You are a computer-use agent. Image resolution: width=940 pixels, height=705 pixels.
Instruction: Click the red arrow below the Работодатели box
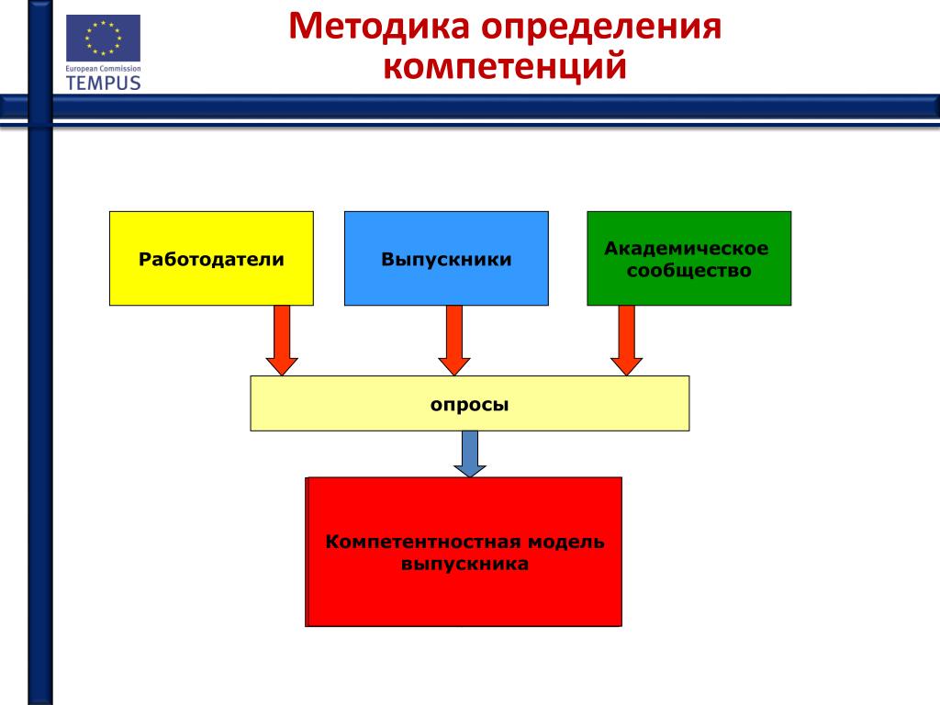coord(282,341)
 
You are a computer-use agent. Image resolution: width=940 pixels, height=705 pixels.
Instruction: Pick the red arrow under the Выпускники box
coord(453,341)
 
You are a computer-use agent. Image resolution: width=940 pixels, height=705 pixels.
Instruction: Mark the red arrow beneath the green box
coord(627,341)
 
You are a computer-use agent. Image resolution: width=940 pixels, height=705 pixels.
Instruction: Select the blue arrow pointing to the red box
coord(470,453)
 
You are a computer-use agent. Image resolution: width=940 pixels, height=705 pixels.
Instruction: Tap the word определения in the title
coord(601,27)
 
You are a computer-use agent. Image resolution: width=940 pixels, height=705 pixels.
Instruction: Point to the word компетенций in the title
coord(505,66)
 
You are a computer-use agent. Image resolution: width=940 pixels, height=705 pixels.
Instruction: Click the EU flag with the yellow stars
coord(103,38)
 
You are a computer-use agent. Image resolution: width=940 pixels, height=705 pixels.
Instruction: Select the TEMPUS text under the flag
coord(103,82)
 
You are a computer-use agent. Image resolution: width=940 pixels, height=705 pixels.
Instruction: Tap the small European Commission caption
coord(103,69)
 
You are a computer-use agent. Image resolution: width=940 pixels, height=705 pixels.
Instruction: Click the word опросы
coord(470,404)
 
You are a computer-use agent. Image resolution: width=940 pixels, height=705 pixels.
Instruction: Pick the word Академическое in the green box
coord(687,249)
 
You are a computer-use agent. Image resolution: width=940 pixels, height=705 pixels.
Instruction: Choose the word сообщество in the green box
coord(688,271)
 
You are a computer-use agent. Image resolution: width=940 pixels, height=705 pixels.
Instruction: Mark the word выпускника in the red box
coord(464,564)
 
